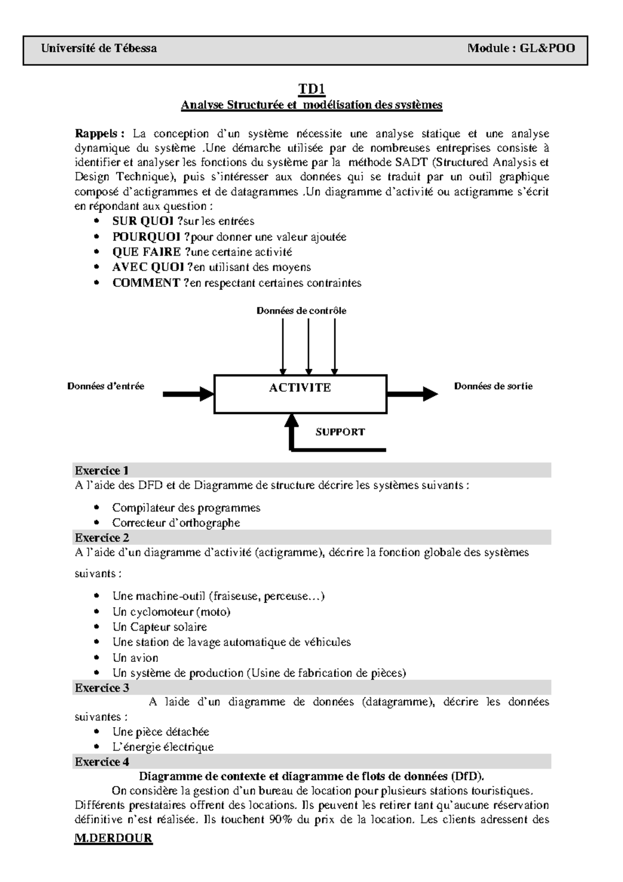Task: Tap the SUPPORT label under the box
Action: pos(340,432)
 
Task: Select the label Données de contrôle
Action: pos(301,311)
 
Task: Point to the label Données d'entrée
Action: pos(105,386)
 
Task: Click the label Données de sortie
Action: pos(493,386)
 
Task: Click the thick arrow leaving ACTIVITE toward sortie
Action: pos(412,394)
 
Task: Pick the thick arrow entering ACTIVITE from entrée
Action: pos(188,394)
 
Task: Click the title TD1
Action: pos(311,89)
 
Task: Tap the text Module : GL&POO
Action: pos(521,48)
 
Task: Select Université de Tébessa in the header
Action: pos(99,48)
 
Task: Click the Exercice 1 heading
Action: pos(102,471)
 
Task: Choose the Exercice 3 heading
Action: pos(102,688)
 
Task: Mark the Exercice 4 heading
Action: pos(102,762)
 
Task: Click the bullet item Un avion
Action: pos(135,658)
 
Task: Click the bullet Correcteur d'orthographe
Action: pos(176,523)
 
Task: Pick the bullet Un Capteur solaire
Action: pos(159,627)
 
